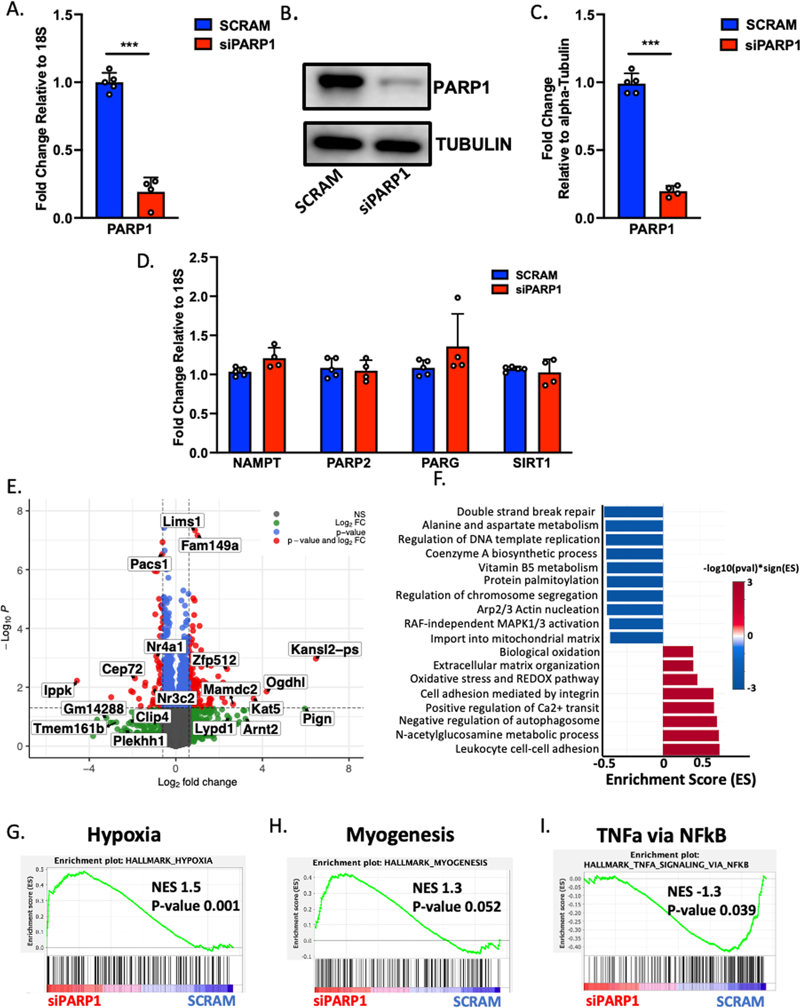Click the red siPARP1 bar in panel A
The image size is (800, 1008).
(x=151, y=205)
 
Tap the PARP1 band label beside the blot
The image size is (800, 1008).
(x=461, y=88)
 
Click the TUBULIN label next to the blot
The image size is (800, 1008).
(x=474, y=144)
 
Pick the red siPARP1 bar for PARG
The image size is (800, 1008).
(x=457, y=400)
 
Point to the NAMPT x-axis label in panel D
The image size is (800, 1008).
(x=257, y=463)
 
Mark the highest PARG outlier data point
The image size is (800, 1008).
(x=458, y=298)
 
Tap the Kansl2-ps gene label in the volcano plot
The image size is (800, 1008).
(x=325, y=649)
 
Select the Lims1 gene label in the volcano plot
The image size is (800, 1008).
(x=182, y=521)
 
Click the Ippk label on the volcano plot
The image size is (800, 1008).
(x=58, y=690)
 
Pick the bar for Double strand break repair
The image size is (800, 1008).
(x=634, y=511)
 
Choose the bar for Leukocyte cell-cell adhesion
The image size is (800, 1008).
(x=690, y=749)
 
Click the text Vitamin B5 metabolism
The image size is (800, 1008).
(x=538, y=568)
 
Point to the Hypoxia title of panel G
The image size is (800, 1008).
(x=124, y=834)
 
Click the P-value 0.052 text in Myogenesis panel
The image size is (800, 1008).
(x=456, y=907)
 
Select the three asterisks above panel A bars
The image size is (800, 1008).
(x=129, y=45)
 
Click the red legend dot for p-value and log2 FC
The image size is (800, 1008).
(x=276, y=541)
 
